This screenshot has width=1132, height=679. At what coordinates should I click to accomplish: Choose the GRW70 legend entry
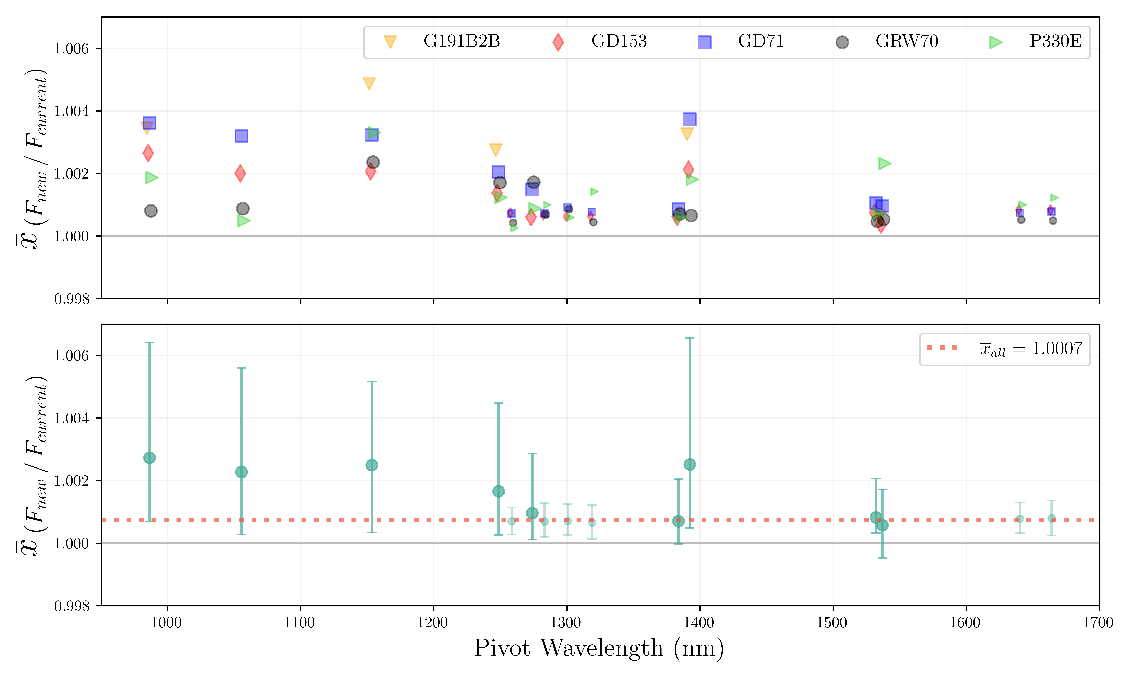pyautogui.click(x=906, y=41)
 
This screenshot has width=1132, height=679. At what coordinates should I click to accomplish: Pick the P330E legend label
pyautogui.click(x=1055, y=41)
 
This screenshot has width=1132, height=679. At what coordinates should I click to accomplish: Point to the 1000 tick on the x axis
pyautogui.click(x=167, y=623)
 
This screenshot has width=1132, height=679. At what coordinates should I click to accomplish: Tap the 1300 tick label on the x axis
pyautogui.click(x=566, y=623)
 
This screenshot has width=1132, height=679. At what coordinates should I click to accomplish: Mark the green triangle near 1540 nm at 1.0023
pyautogui.click(x=884, y=163)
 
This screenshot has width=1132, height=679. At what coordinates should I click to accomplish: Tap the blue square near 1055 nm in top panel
pyautogui.click(x=241, y=136)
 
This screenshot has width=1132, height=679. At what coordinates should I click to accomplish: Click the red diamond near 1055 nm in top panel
pyautogui.click(x=240, y=173)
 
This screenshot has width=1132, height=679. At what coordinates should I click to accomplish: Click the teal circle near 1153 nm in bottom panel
pyautogui.click(x=372, y=465)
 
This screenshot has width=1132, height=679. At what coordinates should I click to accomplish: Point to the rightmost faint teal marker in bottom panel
pyautogui.click(x=1052, y=518)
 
